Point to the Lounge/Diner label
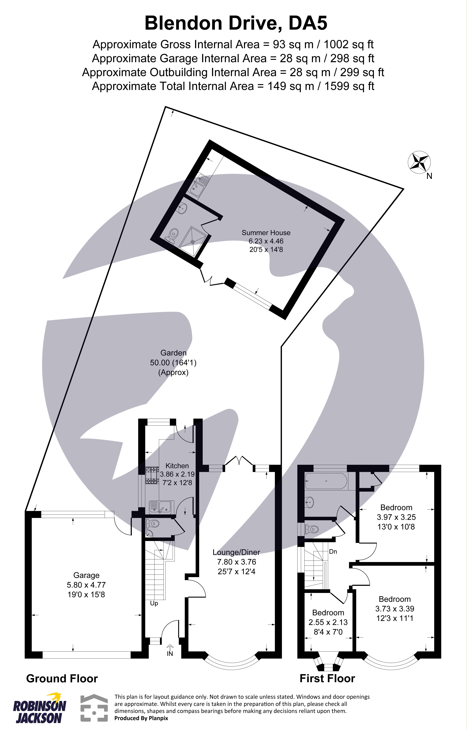[x=236, y=552]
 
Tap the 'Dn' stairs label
[x=333, y=551]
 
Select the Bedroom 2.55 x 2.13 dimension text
[x=328, y=622]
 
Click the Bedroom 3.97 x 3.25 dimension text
[x=396, y=517]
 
